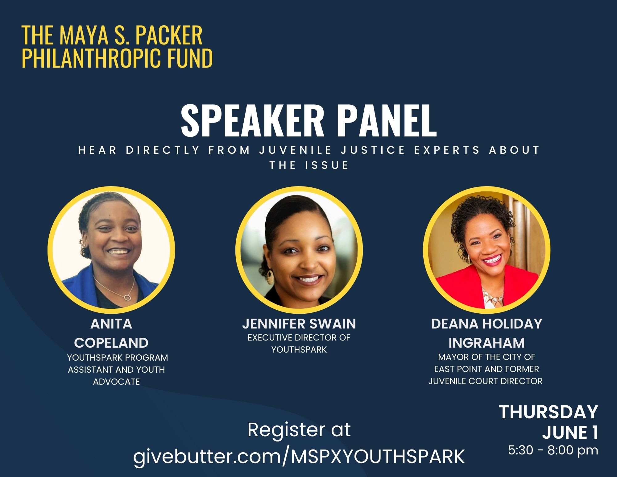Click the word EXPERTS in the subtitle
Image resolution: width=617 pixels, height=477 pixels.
click(x=447, y=150)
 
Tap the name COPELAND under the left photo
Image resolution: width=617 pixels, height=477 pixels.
click(x=111, y=343)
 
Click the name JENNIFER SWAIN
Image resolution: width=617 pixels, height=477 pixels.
click(x=299, y=324)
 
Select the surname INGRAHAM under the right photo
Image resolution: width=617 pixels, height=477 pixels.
click(x=487, y=343)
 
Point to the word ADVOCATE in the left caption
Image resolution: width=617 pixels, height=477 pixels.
click(x=116, y=382)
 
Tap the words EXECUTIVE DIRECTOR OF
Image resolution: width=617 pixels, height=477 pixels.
click(x=299, y=338)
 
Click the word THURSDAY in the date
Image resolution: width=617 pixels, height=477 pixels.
click(x=549, y=412)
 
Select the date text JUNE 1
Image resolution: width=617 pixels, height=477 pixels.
click(x=570, y=432)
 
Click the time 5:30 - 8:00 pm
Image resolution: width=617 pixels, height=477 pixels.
click(x=553, y=450)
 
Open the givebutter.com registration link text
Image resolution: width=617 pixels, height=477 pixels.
click(x=299, y=456)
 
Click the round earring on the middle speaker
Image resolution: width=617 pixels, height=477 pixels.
click(x=270, y=277)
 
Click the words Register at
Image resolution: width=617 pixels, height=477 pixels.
click(x=299, y=430)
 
